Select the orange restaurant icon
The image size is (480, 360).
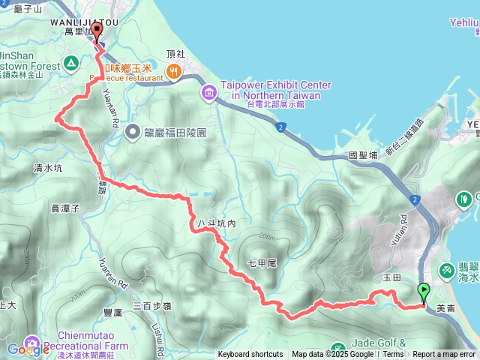pos(174,72)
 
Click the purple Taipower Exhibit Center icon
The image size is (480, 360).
pos(208,91)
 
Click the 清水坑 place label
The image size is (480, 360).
pos(48,169)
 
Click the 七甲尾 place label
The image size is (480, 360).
pos(262,262)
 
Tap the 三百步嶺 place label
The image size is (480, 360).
pos(152,305)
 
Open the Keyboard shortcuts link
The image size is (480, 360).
pos(250,355)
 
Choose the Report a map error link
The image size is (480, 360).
pos(444,355)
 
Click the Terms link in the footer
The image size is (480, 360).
pos(393,355)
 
